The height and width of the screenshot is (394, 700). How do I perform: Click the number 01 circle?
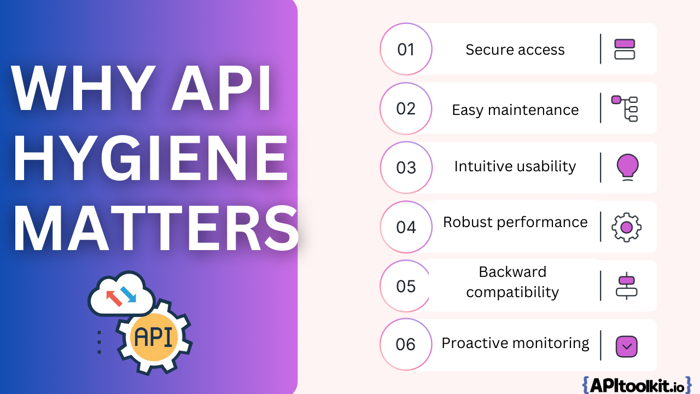(406, 49)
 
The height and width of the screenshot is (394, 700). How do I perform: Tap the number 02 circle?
(406, 108)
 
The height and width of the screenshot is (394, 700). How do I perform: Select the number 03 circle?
(406, 167)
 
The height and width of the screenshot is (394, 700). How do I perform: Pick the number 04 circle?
(406, 227)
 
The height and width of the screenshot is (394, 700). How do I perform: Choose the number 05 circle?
(406, 286)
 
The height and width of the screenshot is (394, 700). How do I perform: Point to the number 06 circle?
(406, 345)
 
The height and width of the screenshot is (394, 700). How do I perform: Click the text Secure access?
(515, 50)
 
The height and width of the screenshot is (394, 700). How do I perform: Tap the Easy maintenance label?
(515, 110)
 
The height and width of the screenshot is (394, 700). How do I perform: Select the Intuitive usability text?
(515, 166)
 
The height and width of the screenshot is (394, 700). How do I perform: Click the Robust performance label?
(515, 222)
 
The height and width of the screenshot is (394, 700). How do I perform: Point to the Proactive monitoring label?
(515, 343)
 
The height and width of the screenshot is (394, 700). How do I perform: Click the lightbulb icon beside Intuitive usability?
(627, 167)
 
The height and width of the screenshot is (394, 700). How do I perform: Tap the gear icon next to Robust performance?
(627, 227)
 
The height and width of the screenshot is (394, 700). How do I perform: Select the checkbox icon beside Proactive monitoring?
(627, 346)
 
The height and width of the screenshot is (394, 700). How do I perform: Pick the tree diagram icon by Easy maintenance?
(625, 108)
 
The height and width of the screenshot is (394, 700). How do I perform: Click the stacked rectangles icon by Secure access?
(625, 49)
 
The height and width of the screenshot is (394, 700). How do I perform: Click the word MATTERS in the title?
(156, 227)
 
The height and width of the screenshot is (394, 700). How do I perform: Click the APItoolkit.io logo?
(638, 385)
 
